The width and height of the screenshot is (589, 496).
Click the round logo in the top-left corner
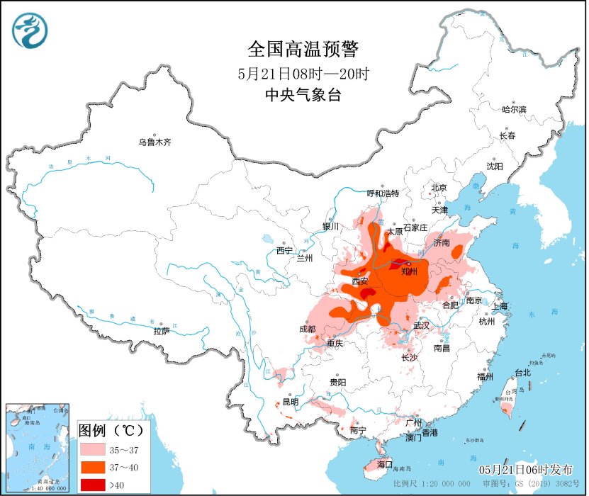(29, 30)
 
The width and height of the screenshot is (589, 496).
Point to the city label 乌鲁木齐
(155, 142)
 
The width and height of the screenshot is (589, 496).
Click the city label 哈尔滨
(514, 110)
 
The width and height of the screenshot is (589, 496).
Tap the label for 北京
(439, 188)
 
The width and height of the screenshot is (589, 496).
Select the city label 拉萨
(162, 331)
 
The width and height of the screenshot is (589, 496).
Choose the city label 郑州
(409, 271)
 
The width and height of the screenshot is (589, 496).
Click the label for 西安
(360, 281)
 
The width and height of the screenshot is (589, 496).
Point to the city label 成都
(308, 329)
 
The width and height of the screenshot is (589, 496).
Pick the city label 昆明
(291, 402)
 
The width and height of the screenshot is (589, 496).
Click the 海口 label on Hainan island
(385, 464)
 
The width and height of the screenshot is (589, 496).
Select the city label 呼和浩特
(383, 193)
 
